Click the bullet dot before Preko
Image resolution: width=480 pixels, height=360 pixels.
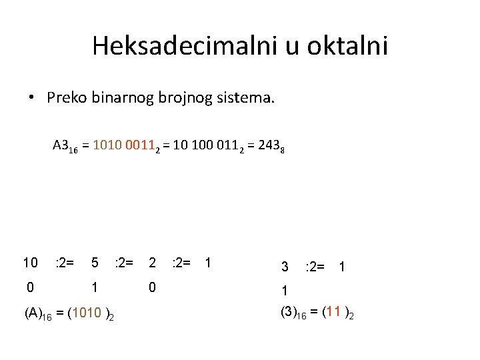click(32, 99)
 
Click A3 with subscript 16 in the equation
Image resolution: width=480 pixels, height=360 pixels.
click(65, 145)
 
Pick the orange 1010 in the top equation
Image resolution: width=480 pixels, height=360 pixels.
click(108, 145)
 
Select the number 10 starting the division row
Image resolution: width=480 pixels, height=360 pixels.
click(31, 263)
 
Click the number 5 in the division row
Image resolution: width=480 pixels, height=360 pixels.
click(95, 263)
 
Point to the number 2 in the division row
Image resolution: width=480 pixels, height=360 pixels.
click(152, 263)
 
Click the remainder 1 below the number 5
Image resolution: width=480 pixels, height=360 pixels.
click(95, 287)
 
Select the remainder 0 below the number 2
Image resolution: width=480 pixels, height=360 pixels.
click(152, 287)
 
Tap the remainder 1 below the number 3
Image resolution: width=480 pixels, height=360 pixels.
click(285, 291)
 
